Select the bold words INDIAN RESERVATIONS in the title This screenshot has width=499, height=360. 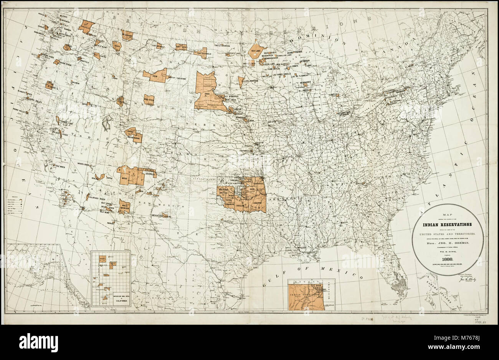tap(448, 225)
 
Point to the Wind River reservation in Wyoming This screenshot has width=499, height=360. tap(149, 100)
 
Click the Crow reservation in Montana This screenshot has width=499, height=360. tap(155, 75)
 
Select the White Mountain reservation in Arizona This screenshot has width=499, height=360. tap(124, 206)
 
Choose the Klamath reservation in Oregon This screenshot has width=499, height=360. tap(50, 85)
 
